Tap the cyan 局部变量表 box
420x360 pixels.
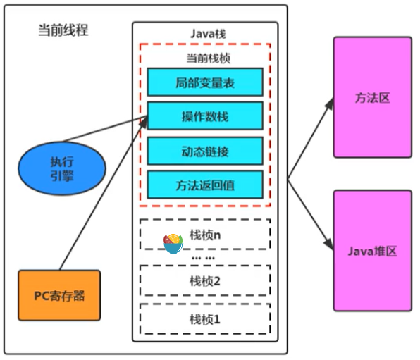[x=204, y=82]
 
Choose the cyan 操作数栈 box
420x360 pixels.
[x=204, y=116]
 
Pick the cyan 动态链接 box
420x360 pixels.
[x=204, y=151]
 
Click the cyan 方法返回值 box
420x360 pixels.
[x=204, y=185]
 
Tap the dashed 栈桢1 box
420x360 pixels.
[x=205, y=319]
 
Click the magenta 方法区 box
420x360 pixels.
[x=372, y=97]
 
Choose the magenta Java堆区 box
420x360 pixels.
[x=372, y=251]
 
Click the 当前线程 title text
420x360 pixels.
[x=63, y=31]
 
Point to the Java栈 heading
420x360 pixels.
[x=205, y=33]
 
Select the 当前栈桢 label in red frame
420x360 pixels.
[x=205, y=58]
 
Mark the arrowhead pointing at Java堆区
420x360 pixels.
[x=329, y=244]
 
